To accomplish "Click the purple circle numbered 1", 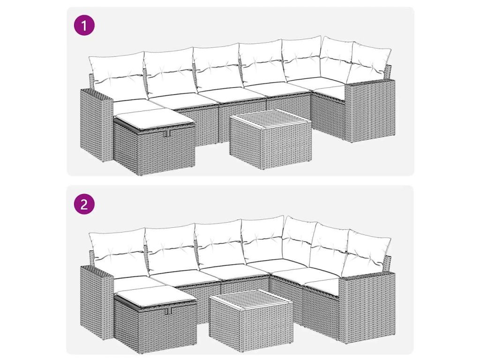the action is click(84, 25).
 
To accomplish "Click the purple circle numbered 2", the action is click(84, 204).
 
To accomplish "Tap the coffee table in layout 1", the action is click(270, 139).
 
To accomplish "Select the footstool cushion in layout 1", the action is click(155, 117).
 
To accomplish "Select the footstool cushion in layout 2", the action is click(155, 295).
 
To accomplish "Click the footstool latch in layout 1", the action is click(167, 134).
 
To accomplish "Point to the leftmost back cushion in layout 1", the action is click(116, 76).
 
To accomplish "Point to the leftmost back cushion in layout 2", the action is click(116, 254).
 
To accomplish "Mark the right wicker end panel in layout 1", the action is click(370, 111).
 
